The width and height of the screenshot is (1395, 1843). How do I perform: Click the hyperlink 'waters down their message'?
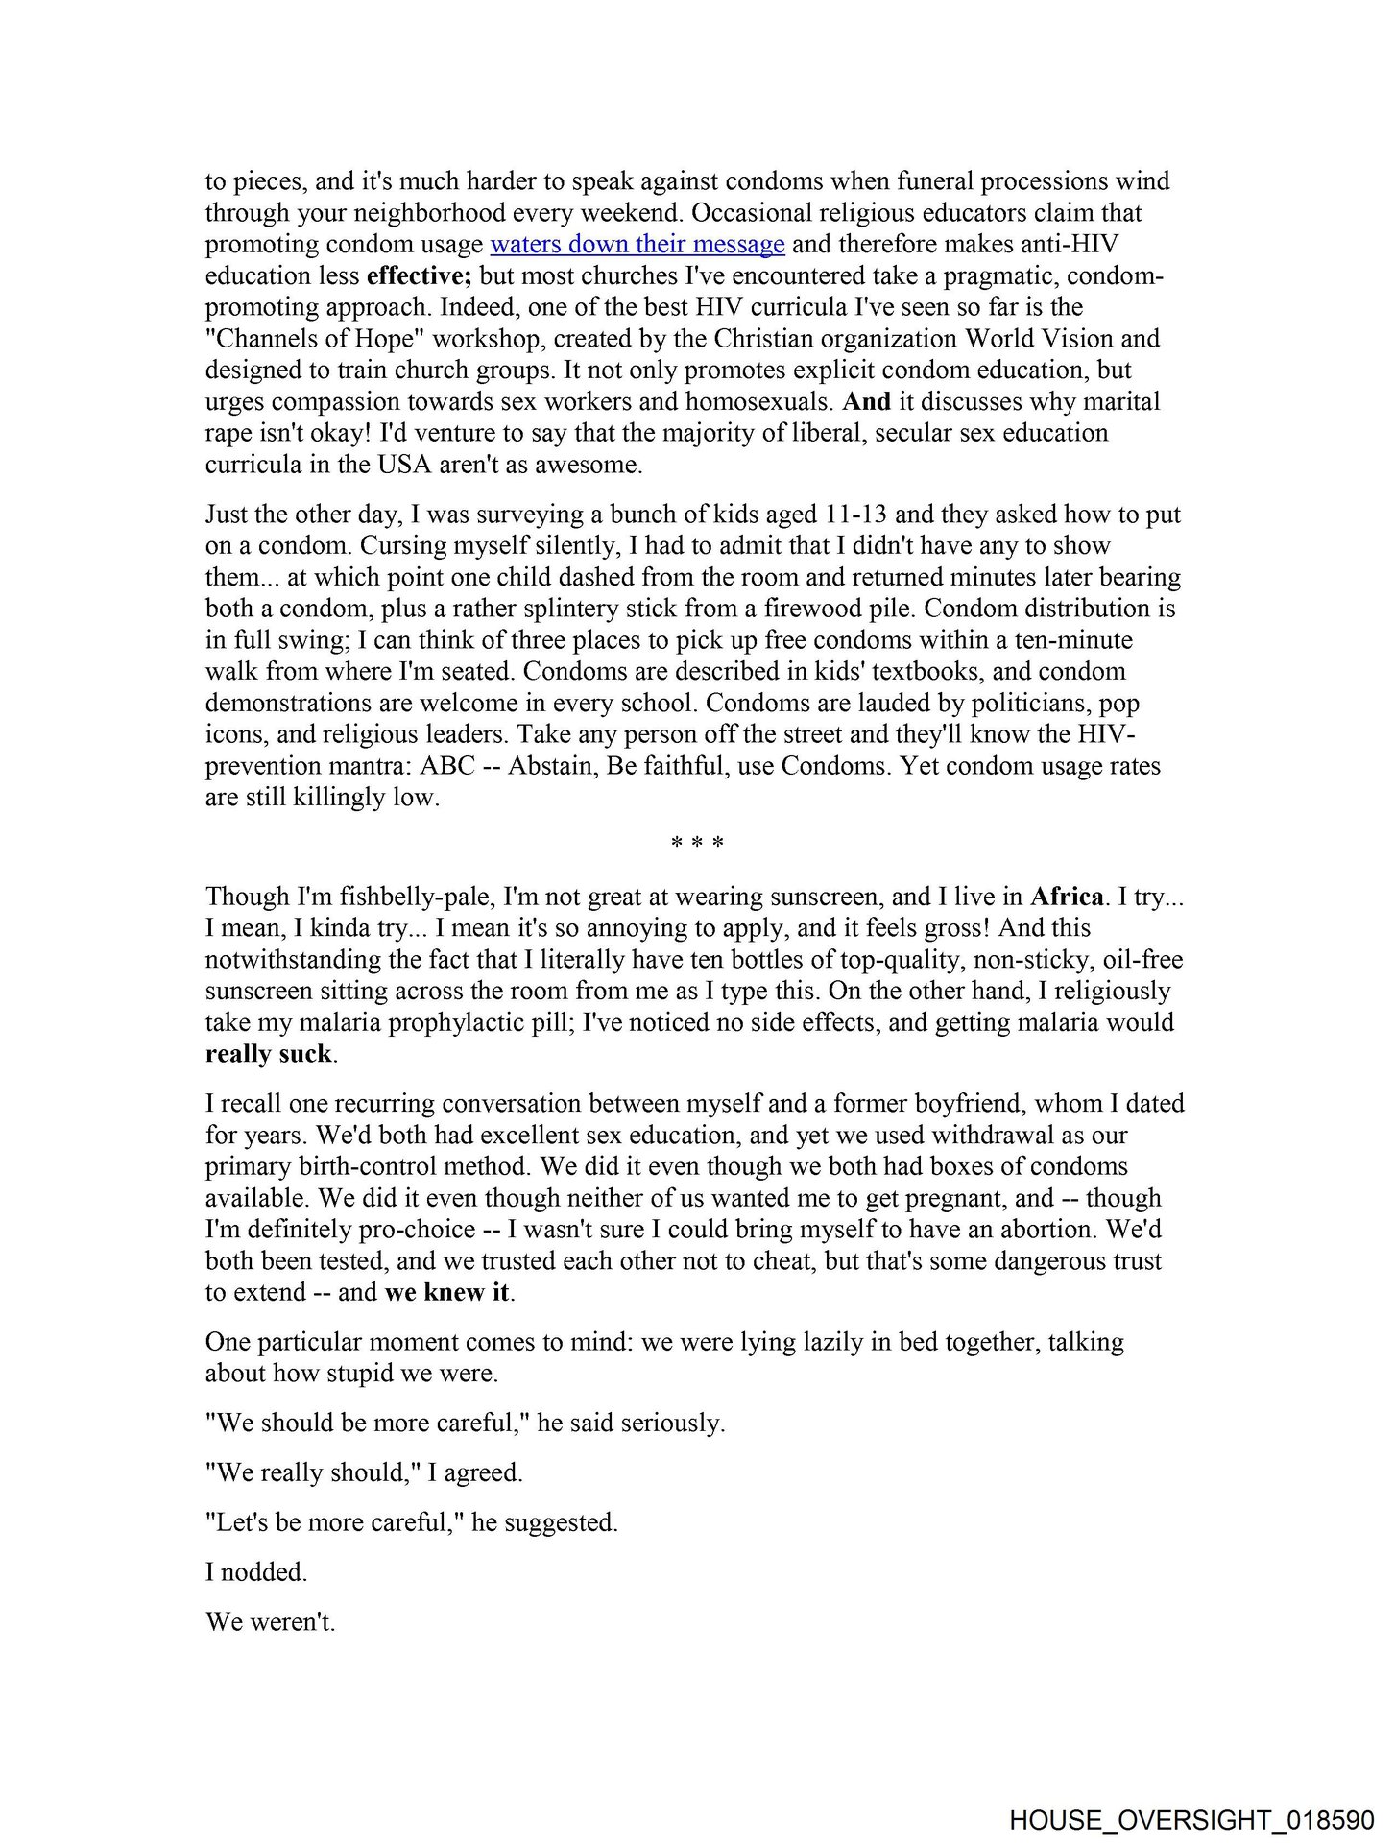click(x=637, y=245)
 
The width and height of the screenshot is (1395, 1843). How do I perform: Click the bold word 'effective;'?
click(x=419, y=276)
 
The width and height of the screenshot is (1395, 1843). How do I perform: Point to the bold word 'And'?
click(x=866, y=402)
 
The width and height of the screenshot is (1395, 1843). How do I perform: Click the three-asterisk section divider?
click(x=697, y=844)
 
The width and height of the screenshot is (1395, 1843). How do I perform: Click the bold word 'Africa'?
click(x=1066, y=897)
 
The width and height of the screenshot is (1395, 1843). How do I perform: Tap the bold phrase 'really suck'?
click(x=268, y=1054)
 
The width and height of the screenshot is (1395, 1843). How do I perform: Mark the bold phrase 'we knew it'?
click(x=446, y=1292)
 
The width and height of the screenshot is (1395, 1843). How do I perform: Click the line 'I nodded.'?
click(x=255, y=1572)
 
